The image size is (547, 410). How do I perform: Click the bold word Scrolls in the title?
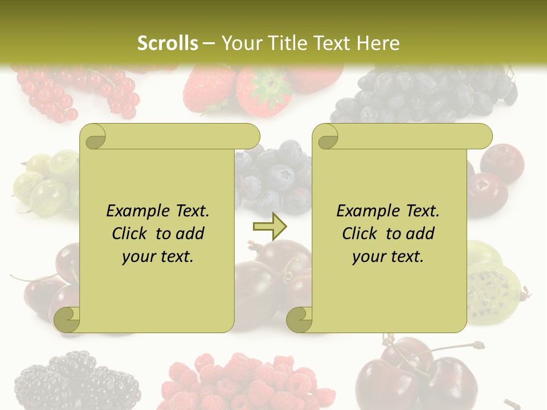tap(168, 43)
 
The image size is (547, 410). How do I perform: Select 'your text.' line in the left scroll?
tap(157, 257)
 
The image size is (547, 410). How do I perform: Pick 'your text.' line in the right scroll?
tap(387, 257)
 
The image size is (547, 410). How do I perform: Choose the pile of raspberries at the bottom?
tap(245, 382)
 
